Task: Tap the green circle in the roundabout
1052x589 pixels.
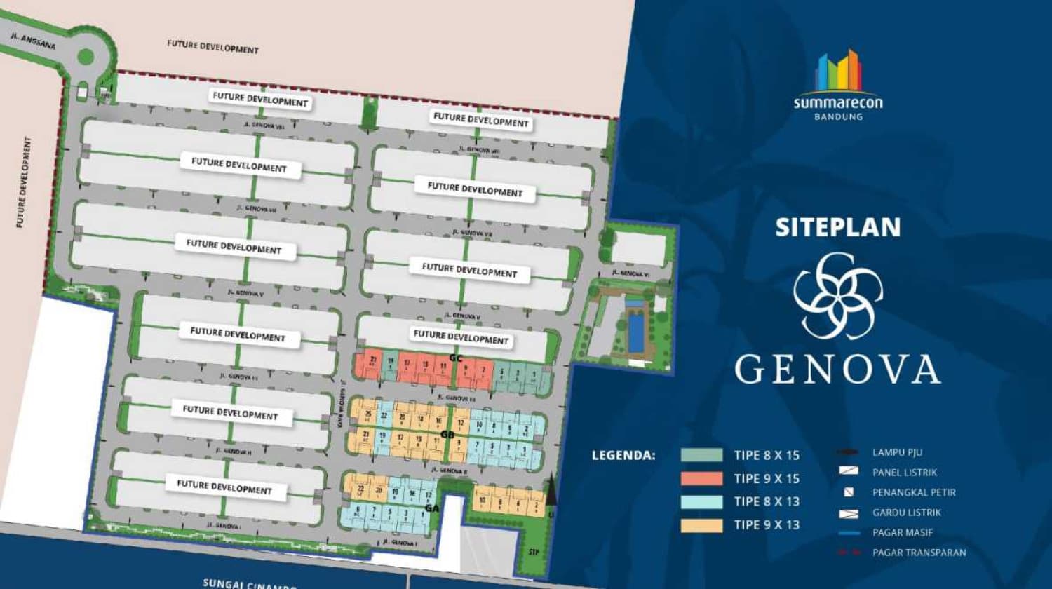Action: [x=86, y=56]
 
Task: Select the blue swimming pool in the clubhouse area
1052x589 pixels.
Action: [x=634, y=334]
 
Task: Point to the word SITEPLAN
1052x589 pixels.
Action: [x=837, y=227]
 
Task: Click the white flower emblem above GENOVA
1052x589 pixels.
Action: [x=837, y=295]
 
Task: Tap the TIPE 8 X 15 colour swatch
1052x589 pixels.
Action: [x=701, y=455]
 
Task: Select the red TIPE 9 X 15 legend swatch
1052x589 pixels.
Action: [x=701, y=478]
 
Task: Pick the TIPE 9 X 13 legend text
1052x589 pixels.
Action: [x=767, y=524]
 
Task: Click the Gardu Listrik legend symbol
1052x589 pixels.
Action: [x=849, y=513]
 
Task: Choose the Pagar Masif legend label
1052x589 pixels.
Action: [x=903, y=533]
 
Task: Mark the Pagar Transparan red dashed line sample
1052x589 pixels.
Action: [x=849, y=553]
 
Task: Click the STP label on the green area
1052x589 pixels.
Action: [x=534, y=553]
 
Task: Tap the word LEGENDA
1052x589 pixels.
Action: [x=623, y=456]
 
